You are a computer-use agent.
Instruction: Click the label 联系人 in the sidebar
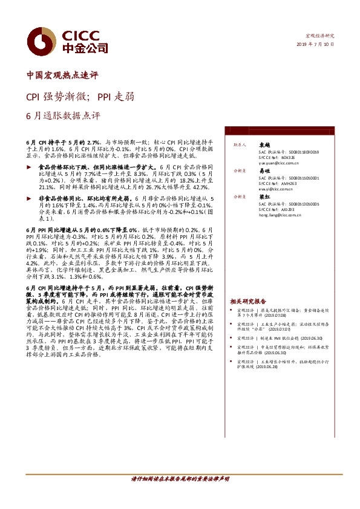(x=240, y=146)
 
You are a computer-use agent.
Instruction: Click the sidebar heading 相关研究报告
(x=248, y=301)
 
